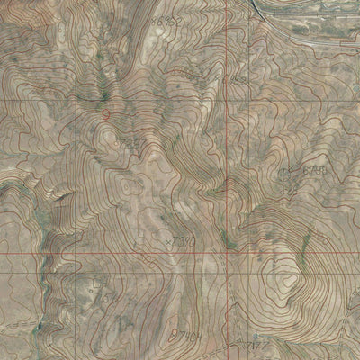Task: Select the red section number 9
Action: pos(107,117)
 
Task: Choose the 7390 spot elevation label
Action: pos(184,240)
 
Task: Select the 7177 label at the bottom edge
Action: pos(259,344)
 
